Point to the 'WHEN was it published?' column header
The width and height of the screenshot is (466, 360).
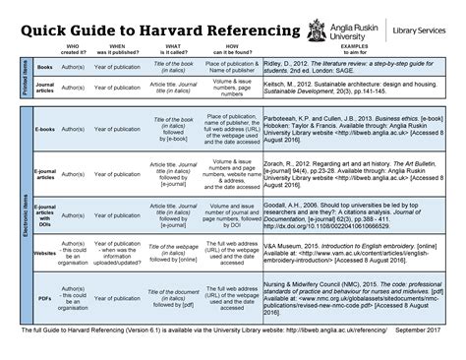point(123,49)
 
